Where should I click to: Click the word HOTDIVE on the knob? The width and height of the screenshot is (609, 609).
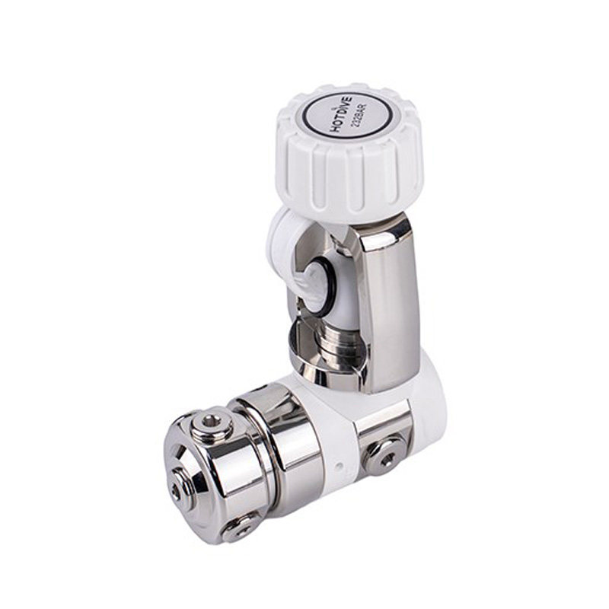coord(342,115)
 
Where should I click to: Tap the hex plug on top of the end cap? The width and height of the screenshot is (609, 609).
coord(211,423)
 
